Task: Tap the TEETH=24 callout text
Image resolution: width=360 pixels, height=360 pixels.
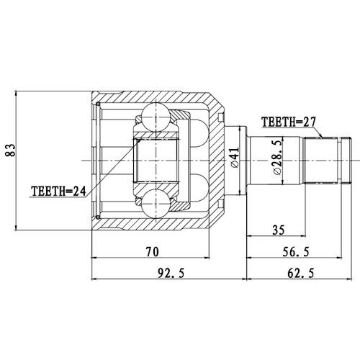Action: click(58, 192)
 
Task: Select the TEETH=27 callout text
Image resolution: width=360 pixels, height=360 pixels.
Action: click(289, 122)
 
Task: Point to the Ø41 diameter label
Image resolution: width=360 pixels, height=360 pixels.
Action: click(235, 157)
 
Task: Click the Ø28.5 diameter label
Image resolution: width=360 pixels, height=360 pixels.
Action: click(279, 158)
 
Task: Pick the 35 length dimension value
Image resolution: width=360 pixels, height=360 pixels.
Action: click(279, 230)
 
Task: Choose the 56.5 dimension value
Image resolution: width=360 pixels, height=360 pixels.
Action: click(296, 252)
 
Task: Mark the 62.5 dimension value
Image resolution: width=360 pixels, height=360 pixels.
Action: click(300, 274)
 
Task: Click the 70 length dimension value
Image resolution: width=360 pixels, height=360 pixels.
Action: click(152, 252)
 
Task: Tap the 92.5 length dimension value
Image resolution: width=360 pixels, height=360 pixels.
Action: click(171, 274)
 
